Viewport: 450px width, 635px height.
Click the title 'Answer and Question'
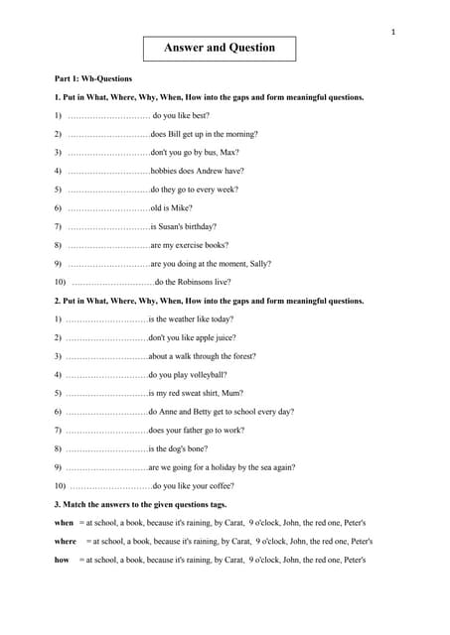(219, 47)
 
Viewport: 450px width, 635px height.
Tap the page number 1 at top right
(393, 33)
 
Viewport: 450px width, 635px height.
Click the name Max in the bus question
(229, 152)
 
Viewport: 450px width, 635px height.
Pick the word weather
(186, 318)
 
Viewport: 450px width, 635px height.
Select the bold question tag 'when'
(64, 522)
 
